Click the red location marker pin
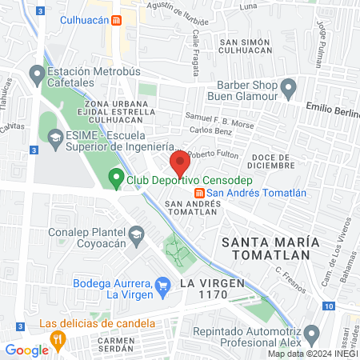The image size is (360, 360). [x=180, y=164]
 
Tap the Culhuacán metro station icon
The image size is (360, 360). [x=117, y=20]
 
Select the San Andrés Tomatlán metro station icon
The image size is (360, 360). [x=198, y=192]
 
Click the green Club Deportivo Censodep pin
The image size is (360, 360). [x=116, y=180]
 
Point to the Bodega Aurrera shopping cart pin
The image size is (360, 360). [x=163, y=284]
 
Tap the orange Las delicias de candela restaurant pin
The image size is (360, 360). [x=58, y=340]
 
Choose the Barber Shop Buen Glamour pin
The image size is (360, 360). [x=289, y=86]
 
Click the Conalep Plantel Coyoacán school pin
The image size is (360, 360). [x=137, y=234]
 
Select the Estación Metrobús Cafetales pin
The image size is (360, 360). [x=36, y=75]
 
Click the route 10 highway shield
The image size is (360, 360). [x=330, y=306]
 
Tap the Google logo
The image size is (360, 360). [x=26, y=350]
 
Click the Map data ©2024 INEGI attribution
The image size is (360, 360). [x=312, y=354]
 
